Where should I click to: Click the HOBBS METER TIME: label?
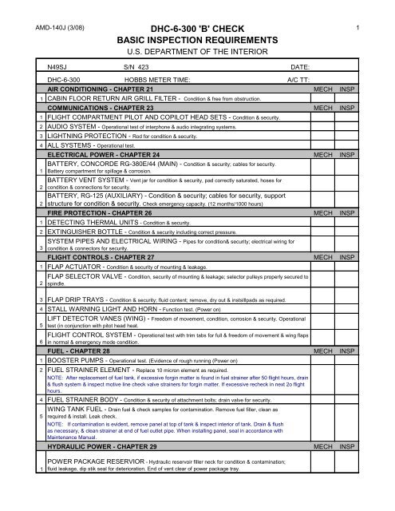[162, 81]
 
